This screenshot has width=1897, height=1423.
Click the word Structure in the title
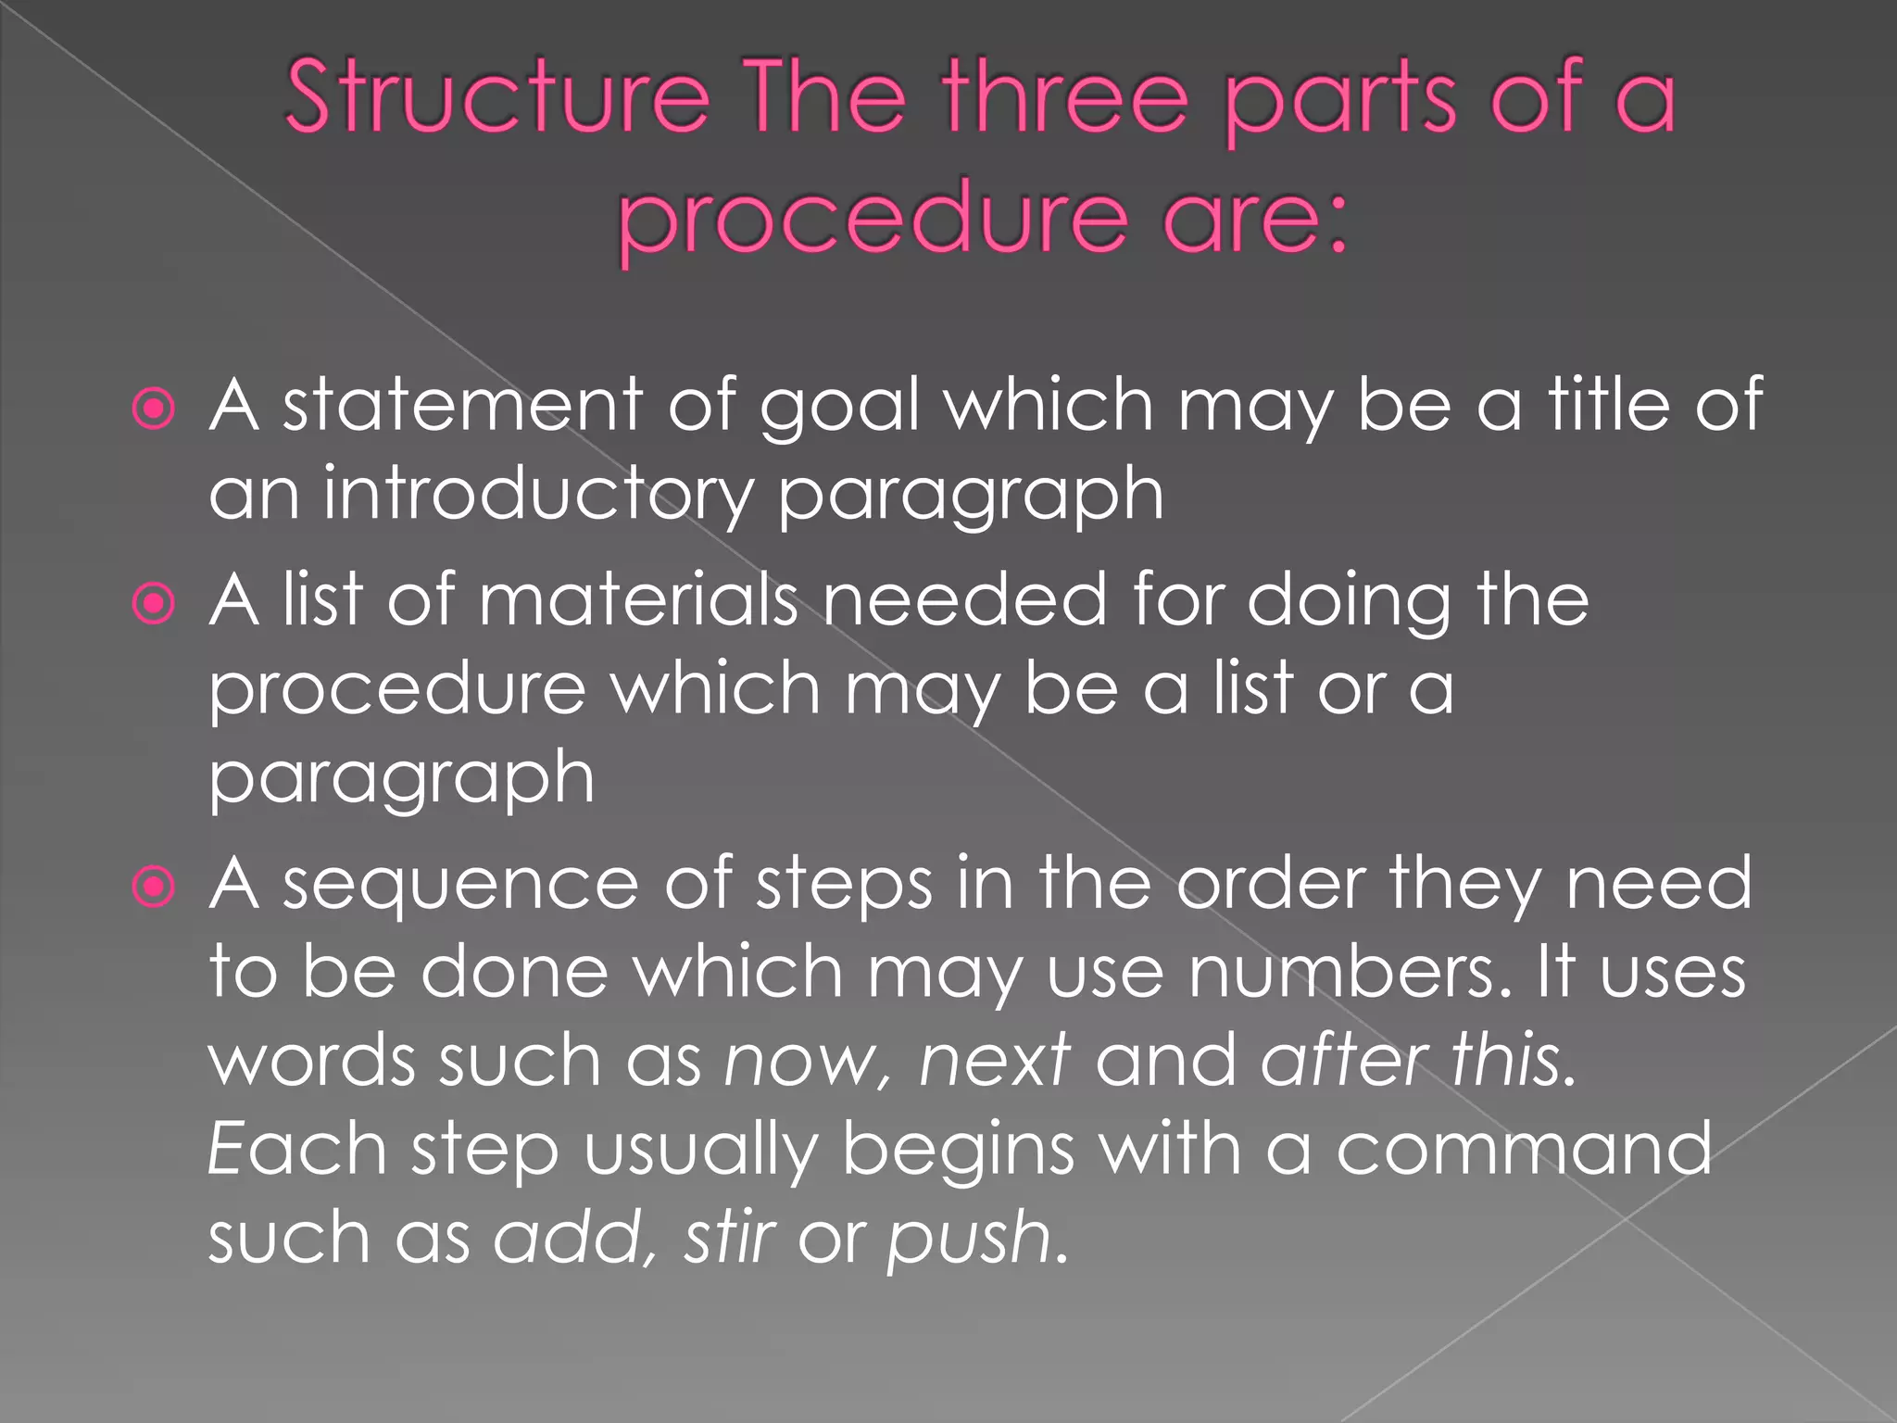point(496,96)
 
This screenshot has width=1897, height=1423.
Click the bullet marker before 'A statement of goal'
point(154,409)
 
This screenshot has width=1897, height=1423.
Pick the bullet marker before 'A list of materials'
point(154,604)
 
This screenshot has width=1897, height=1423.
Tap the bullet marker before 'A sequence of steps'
point(154,887)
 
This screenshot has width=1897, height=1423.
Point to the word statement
point(462,405)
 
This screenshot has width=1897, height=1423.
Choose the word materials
point(638,599)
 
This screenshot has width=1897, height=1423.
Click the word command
point(1524,1149)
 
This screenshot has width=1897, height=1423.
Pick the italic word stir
point(730,1237)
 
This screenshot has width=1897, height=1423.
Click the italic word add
point(574,1237)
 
